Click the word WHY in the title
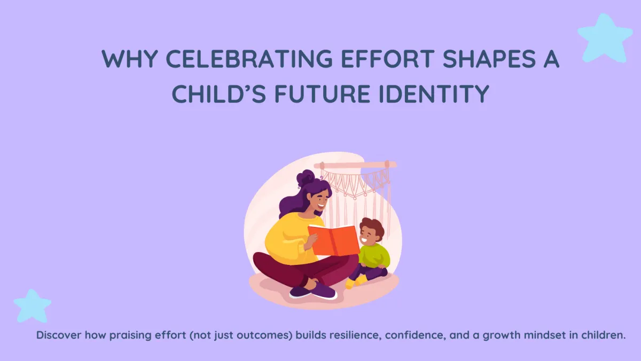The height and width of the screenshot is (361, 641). tap(125, 59)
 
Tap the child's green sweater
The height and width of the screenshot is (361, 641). tap(374, 255)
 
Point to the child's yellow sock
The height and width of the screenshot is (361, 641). tap(351, 283)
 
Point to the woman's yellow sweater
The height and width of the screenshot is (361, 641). tap(283, 235)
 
